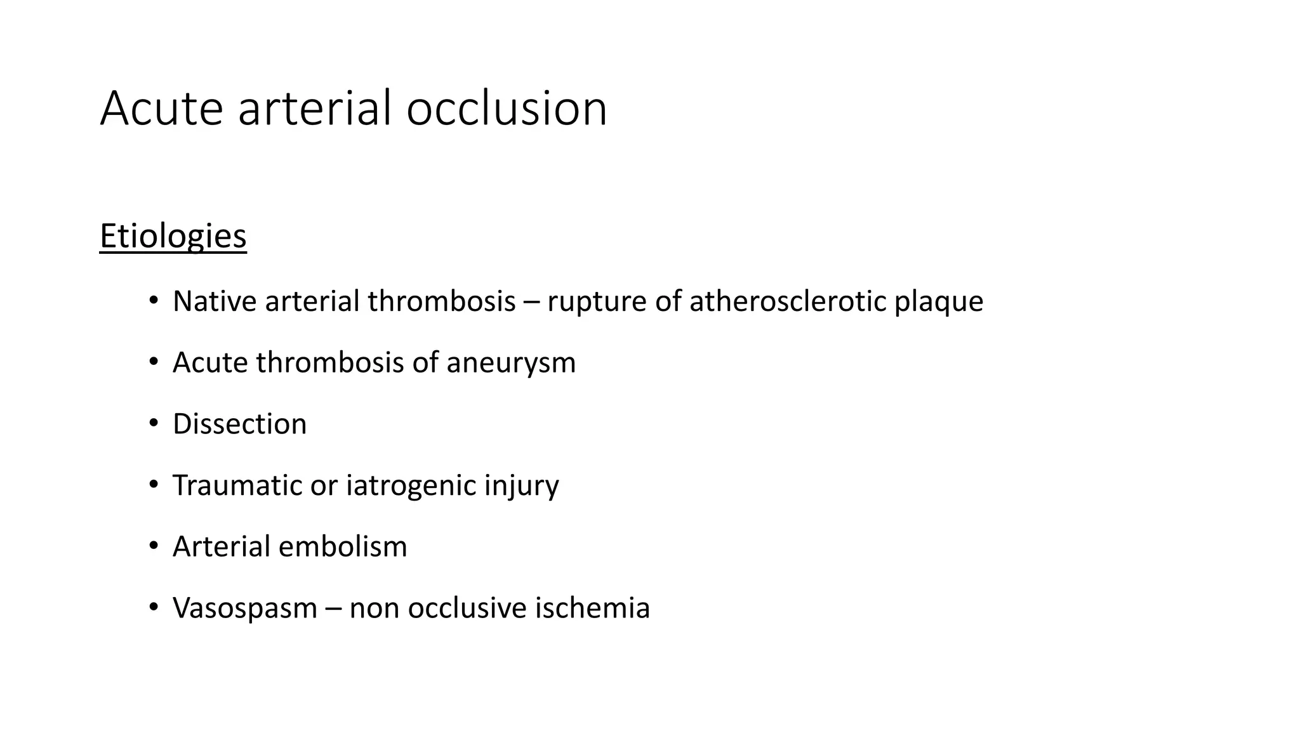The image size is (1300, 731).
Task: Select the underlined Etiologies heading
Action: (173, 236)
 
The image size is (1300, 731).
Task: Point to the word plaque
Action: (938, 302)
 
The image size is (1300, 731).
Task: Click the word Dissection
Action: (239, 424)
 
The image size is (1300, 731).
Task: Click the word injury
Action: (522, 486)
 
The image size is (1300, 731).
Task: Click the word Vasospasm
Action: (244, 609)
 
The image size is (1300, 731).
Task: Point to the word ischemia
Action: (592, 608)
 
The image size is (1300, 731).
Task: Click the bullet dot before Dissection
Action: (153, 423)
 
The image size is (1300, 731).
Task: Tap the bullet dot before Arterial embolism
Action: (153, 546)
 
